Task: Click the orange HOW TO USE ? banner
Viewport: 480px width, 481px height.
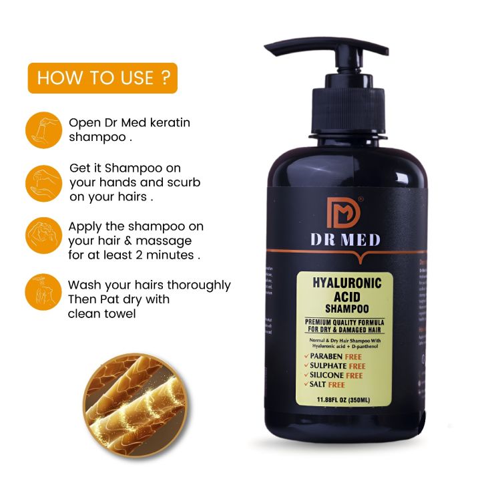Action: coord(102,78)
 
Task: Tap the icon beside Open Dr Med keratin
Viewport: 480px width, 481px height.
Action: coord(44,130)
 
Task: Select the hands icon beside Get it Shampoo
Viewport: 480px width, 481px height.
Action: coord(44,183)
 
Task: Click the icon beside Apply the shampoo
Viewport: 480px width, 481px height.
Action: coord(44,236)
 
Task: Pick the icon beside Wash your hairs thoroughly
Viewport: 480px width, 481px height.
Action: coord(44,293)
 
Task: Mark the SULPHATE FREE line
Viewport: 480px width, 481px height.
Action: coord(336,367)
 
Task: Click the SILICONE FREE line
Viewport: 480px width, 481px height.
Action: coord(335,375)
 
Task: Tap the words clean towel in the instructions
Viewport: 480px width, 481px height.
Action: coord(102,313)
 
